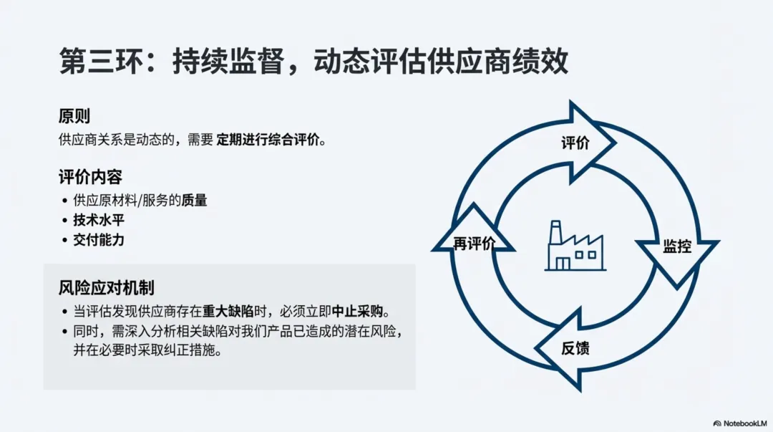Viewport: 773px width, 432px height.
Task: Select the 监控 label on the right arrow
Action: click(x=676, y=246)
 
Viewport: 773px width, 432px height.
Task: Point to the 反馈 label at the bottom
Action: click(x=575, y=349)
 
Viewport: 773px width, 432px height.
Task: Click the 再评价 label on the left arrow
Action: click(x=474, y=244)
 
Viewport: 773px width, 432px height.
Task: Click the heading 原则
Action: click(x=74, y=116)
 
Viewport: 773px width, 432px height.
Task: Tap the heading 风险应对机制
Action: click(x=106, y=288)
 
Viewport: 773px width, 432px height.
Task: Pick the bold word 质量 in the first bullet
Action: click(x=194, y=201)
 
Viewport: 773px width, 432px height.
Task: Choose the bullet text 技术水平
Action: click(x=99, y=221)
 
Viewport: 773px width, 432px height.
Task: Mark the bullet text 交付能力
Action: click(x=99, y=240)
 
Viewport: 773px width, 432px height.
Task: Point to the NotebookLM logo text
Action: click(x=744, y=423)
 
